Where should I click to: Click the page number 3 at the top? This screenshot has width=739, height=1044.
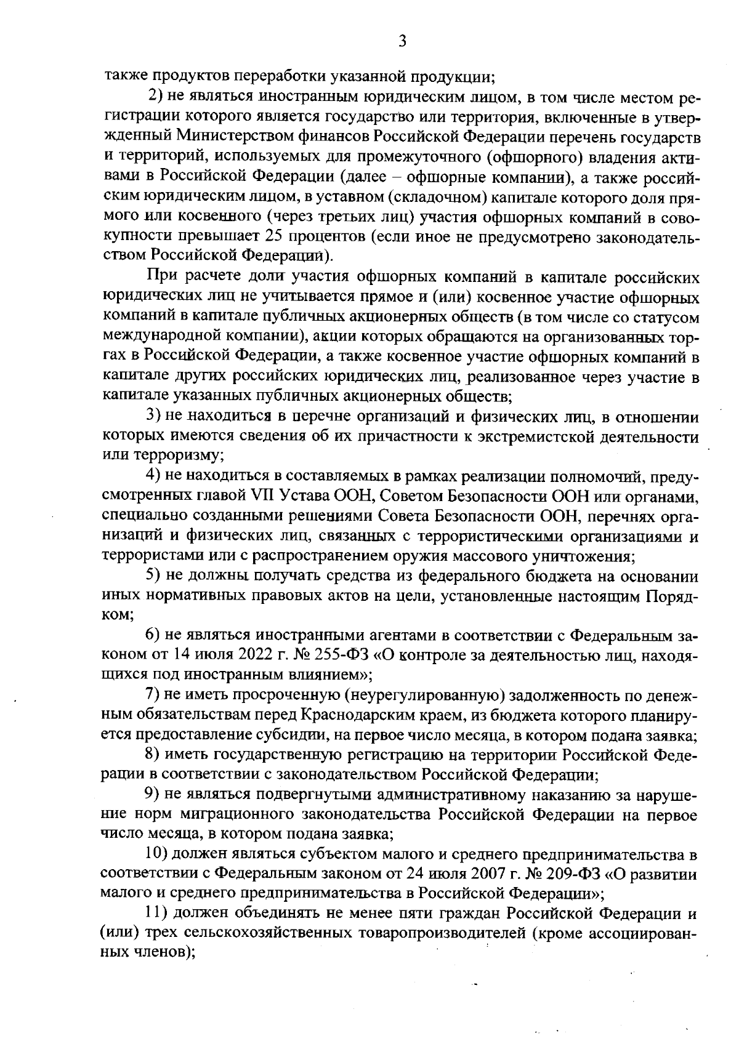tap(402, 42)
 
